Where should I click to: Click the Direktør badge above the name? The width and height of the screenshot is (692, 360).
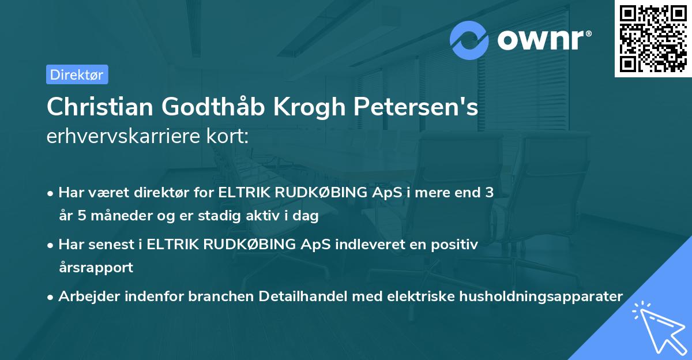[77, 74]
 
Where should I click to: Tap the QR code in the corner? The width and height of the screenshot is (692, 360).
[653, 39]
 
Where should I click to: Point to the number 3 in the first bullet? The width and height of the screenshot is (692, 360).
[489, 193]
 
